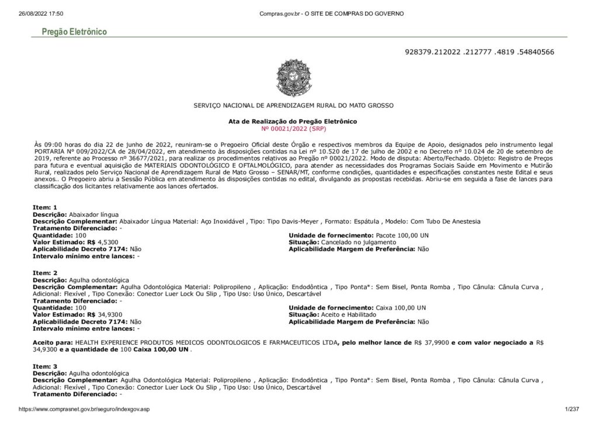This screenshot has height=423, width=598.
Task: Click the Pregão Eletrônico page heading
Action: [x=74, y=32]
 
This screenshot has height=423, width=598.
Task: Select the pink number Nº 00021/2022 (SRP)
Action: [x=293, y=127]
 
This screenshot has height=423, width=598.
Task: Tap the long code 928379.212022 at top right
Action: [x=479, y=52]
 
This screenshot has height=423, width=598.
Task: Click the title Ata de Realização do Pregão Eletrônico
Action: [x=293, y=121]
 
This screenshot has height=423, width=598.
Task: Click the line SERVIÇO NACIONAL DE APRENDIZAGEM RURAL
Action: [x=293, y=106]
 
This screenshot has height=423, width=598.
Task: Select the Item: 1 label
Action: [x=45, y=207]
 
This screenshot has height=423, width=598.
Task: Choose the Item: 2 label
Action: [x=45, y=273]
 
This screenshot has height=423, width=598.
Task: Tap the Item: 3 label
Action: [x=45, y=365]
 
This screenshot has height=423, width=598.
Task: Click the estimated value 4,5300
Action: [x=108, y=241]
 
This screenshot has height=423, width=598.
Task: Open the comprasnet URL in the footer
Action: [x=84, y=410]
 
